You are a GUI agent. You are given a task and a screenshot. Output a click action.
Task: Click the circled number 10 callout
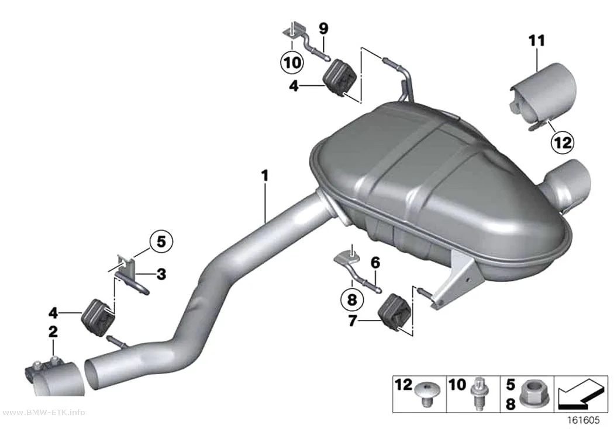pyautogui.click(x=292, y=62)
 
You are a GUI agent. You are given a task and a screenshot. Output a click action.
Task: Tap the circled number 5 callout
pyautogui.click(x=161, y=242)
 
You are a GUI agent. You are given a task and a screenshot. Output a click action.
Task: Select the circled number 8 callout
pyautogui.click(x=352, y=299)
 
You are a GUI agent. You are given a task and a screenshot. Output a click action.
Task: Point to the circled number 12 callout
pyautogui.click(x=563, y=142)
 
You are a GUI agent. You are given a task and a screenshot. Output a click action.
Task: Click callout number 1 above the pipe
pyautogui.click(x=265, y=176)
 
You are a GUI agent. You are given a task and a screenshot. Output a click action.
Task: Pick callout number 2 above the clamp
pyautogui.click(x=53, y=332)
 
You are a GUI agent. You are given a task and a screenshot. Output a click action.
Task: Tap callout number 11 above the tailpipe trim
pyautogui.click(x=536, y=40)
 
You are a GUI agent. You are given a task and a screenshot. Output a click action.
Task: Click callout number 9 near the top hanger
pyautogui.click(x=323, y=28)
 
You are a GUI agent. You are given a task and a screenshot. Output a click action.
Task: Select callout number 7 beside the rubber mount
pyautogui.click(x=352, y=321)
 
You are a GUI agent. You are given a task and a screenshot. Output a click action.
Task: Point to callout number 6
pyautogui.click(x=375, y=263)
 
